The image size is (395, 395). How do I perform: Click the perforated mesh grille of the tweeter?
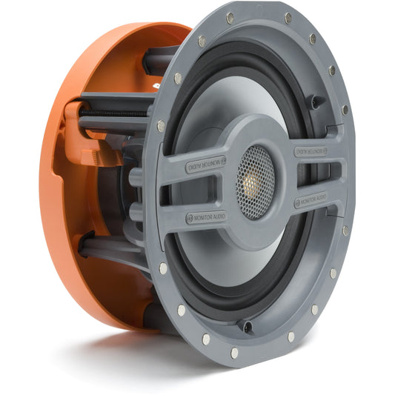tap(255, 182)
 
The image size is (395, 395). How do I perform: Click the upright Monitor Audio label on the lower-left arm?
tap(206, 217)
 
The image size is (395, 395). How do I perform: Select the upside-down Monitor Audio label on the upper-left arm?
tap(206, 164)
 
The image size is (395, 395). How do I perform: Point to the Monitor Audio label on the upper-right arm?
tap(311, 151)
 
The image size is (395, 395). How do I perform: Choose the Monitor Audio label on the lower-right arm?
tap(311, 199)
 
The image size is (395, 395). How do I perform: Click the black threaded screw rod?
tap(113, 113)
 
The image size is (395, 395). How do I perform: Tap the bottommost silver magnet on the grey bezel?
tap(234, 353)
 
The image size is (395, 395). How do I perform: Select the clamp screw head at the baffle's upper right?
tap(315, 102)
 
